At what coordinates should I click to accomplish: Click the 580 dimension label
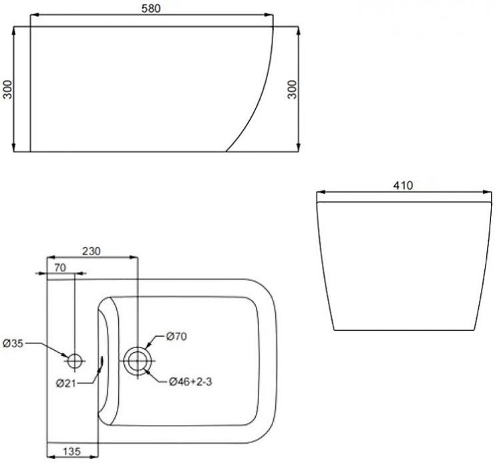click(x=152, y=7)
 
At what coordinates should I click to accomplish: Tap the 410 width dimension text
click(x=402, y=185)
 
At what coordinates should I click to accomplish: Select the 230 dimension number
click(x=92, y=251)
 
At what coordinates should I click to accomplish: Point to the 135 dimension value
click(x=72, y=452)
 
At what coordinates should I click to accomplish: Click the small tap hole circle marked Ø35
click(x=75, y=361)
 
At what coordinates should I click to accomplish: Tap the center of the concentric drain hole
click(x=138, y=361)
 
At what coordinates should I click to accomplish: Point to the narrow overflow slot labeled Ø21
click(x=102, y=361)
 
